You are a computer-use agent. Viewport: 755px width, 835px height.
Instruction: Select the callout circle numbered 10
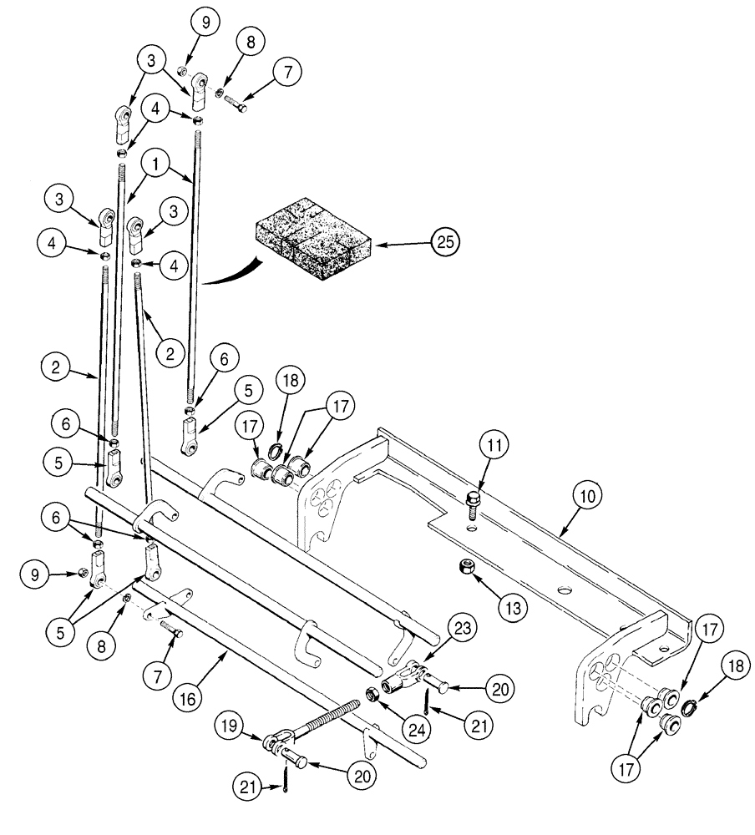(587, 495)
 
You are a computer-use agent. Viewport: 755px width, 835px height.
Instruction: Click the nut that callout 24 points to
(371, 692)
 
